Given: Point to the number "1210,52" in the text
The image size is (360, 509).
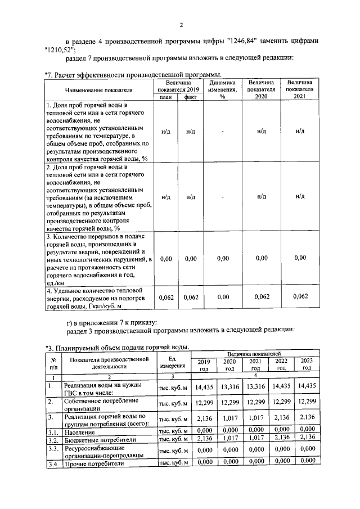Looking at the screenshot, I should click(60, 49).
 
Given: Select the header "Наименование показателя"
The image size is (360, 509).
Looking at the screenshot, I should click(98, 89).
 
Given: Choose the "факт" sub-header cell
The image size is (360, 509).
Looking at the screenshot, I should click(191, 97).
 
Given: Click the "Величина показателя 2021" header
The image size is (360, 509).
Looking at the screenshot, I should click(300, 89).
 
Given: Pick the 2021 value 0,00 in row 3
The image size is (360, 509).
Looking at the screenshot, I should click(300, 258).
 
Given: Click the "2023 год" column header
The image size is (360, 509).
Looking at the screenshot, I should click(307, 364).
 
